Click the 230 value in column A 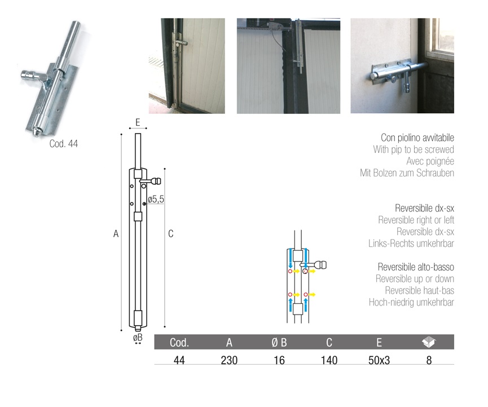pyautogui.click(x=229, y=360)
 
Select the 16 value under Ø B pyautogui.click(x=279, y=360)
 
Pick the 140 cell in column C pyautogui.click(x=329, y=360)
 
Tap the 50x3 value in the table pyautogui.click(x=379, y=360)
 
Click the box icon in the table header pyautogui.click(x=429, y=342)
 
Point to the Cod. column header pyautogui.click(x=179, y=342)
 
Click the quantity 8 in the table pyautogui.click(x=429, y=360)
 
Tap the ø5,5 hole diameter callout pyautogui.click(x=156, y=200)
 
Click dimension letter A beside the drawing pyautogui.click(x=116, y=233)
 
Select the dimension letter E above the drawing pyautogui.click(x=138, y=122)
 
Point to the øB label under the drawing pyautogui.click(x=138, y=337)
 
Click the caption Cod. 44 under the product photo pyautogui.click(x=64, y=144)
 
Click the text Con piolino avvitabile pyautogui.click(x=417, y=138)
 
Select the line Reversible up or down pyautogui.click(x=415, y=278)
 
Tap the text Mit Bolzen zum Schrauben pyautogui.click(x=407, y=172)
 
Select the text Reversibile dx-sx pyautogui.click(x=424, y=208)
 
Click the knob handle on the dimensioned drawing pyautogui.click(x=155, y=180)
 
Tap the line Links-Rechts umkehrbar pyautogui.click(x=411, y=243)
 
